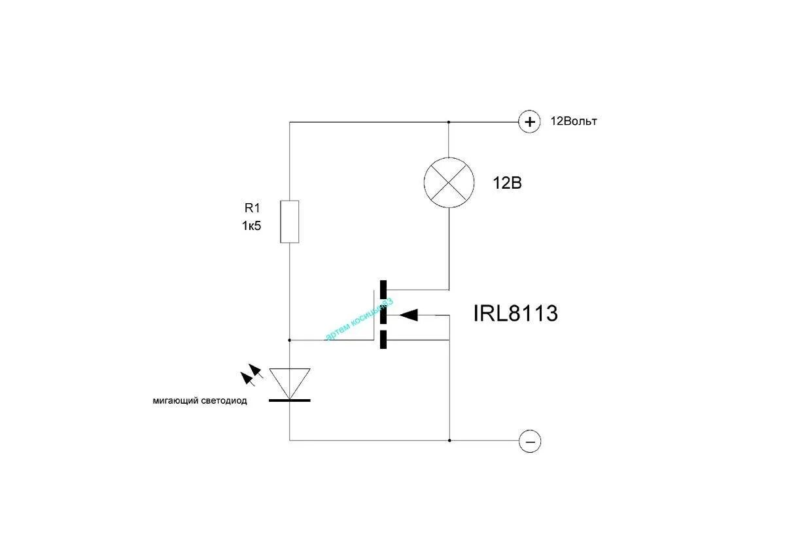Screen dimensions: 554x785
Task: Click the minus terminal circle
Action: (529, 442)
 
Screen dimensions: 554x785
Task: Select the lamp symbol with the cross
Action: (449, 183)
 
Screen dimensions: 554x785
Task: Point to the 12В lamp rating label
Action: (507, 184)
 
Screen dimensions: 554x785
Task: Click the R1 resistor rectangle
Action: (290, 221)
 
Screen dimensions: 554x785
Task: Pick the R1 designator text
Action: (253, 208)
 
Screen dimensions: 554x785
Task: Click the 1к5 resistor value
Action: (251, 227)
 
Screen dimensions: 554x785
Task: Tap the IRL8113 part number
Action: (515, 314)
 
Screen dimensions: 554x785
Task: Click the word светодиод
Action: (224, 401)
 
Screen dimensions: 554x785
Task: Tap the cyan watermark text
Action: (359, 319)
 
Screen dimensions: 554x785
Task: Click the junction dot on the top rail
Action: (449, 122)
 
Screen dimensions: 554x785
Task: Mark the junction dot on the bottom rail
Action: (449, 440)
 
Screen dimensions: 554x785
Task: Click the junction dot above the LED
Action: (290, 340)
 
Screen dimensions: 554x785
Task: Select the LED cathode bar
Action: (290, 399)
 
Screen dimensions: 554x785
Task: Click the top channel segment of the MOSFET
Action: (383, 289)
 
